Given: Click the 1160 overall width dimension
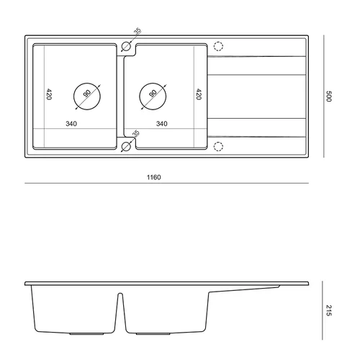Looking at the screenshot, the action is (153, 177).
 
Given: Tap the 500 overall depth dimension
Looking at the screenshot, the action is (328, 96).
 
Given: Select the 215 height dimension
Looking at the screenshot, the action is (328, 310).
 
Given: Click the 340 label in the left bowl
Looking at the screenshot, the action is (71, 124).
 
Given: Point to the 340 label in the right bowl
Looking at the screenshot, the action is (162, 124).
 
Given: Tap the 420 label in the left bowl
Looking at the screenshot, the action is (49, 94).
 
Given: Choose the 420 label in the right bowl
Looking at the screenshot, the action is (199, 94).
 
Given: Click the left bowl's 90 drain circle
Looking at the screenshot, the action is (87, 83).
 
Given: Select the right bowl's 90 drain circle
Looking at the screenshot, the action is (153, 83).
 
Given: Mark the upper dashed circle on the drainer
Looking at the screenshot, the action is (218, 42).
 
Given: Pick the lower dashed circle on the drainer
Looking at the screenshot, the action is (218, 142).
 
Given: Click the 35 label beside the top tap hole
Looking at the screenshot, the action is (138, 32).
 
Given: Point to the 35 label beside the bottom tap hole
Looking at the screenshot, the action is (136, 133).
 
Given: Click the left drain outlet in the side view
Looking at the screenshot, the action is (87, 334).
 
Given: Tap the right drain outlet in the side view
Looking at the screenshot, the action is (153, 334).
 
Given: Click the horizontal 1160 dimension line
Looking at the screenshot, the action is (166, 184).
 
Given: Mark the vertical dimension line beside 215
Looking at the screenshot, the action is (323, 310).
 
